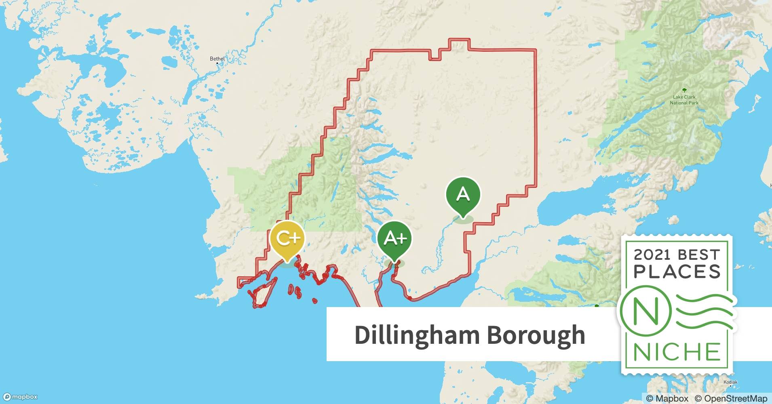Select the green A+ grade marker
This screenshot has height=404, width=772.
pyautogui.click(x=394, y=238)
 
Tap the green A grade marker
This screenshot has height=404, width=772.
pyautogui.click(x=463, y=195)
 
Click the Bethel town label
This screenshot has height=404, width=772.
pyautogui.click(x=217, y=59)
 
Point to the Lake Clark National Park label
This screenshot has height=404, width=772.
pyautogui.click(x=684, y=100)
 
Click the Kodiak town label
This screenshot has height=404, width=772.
pyautogui.click(x=731, y=382)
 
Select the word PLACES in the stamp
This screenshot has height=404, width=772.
pyautogui.click(x=677, y=272)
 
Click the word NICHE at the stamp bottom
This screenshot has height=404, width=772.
pyautogui.click(x=677, y=352)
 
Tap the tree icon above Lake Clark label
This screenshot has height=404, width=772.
pyautogui.click(x=684, y=90)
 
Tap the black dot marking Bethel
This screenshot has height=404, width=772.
pyautogui.click(x=217, y=63)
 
